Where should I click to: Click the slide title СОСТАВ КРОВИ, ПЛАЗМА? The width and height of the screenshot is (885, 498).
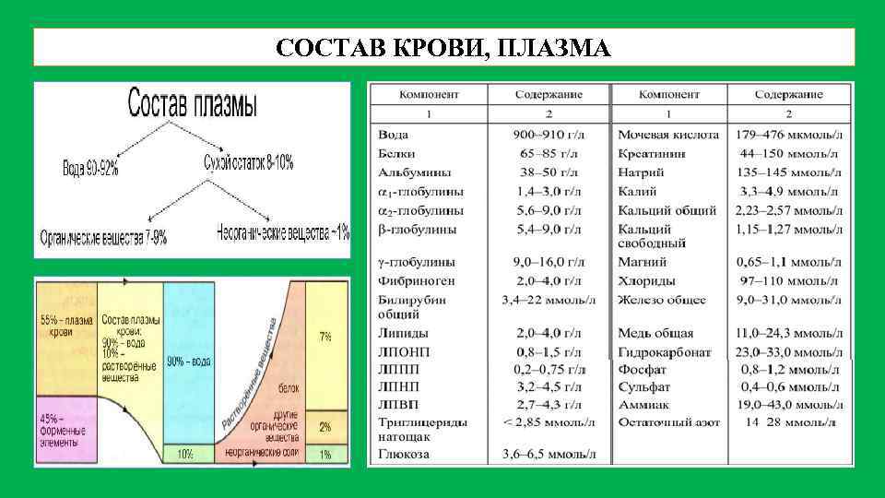tap(442, 47)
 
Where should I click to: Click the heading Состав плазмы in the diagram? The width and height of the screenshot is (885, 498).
tap(193, 104)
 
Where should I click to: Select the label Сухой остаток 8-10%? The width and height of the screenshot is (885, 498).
tap(249, 163)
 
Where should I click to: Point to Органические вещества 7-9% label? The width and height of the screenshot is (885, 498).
tap(103, 237)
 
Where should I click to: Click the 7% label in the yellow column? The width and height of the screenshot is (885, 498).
tap(325, 337)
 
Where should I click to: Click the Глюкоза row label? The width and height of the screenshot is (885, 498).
tap(404, 455)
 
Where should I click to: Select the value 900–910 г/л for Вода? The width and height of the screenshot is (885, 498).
tap(549, 135)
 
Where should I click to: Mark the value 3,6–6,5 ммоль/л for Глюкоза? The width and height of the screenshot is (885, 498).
tap(549, 455)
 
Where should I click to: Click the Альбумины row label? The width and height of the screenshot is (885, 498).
tap(409, 172)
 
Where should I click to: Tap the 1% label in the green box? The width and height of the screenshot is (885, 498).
tap(325, 455)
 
